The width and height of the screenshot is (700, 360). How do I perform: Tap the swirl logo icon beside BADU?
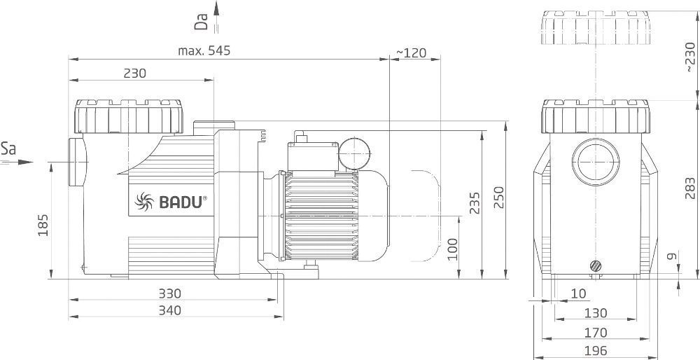[x=143, y=202]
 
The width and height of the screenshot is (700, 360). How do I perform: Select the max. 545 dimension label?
[x=204, y=51]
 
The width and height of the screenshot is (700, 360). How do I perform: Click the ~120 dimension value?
[x=411, y=53]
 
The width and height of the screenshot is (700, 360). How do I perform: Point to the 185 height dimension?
[x=43, y=225]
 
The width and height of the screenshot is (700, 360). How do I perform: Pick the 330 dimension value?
[x=170, y=293]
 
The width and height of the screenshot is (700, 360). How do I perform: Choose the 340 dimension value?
[x=170, y=310]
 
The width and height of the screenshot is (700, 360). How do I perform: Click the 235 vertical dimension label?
[x=475, y=203]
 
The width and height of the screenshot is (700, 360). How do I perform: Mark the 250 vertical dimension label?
[x=498, y=197]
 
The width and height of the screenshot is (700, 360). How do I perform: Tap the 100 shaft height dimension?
[x=453, y=249]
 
